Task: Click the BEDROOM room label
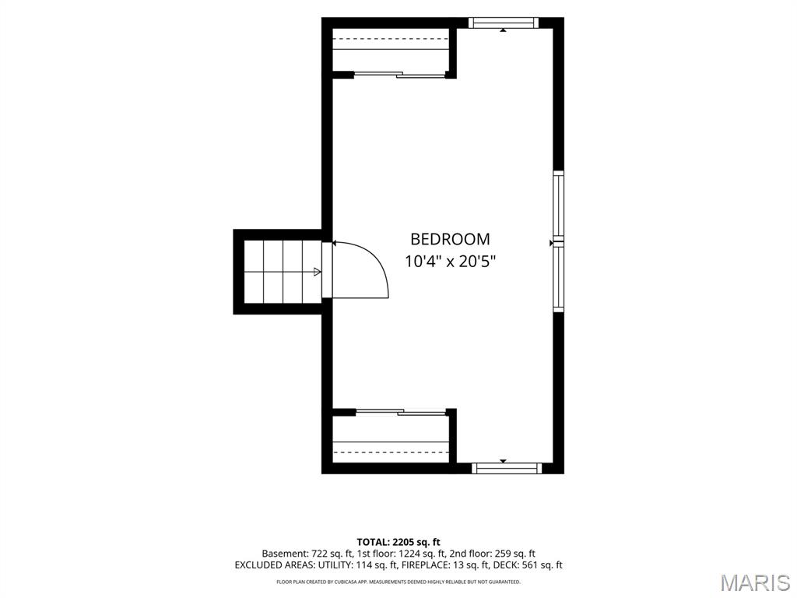coord(450,239)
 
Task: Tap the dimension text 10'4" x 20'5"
coord(450,262)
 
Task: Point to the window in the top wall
coord(504,23)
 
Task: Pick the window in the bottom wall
coord(507,468)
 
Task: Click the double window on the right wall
coord(559,241)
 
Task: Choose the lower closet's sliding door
coord(401,412)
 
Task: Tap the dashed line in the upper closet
coord(391,38)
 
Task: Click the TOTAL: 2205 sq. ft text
coord(398,542)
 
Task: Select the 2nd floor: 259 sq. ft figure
coord(493,554)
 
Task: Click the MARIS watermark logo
coord(756,583)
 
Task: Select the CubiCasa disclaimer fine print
coord(398,582)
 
